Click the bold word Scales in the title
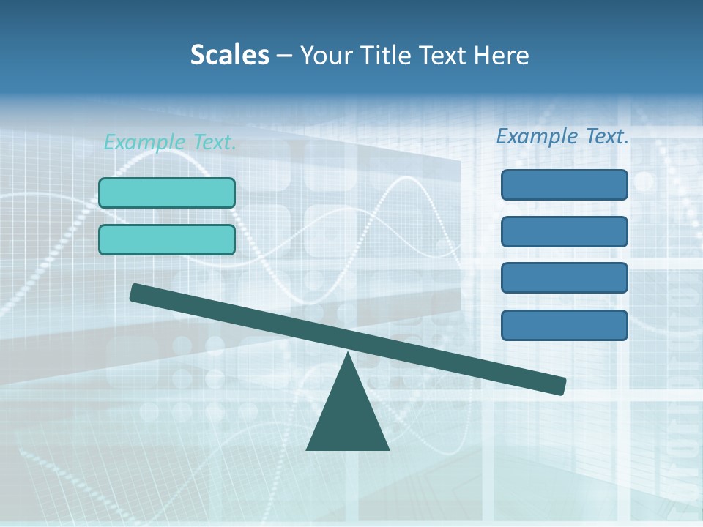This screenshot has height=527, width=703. click(x=229, y=55)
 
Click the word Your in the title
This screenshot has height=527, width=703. click(x=327, y=55)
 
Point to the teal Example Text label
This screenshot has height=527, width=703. click(x=170, y=142)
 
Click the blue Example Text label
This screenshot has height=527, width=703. click(x=562, y=136)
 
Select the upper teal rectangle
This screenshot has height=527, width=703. click(x=167, y=193)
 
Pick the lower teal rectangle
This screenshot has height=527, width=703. click(x=167, y=239)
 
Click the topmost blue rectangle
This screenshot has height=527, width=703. click(x=565, y=184)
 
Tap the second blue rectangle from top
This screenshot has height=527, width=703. click(x=565, y=231)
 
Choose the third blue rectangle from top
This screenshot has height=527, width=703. click(x=565, y=278)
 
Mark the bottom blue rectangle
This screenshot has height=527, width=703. click(x=565, y=325)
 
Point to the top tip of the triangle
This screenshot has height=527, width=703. click(x=349, y=356)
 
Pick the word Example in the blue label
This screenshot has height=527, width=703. click(x=538, y=136)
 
